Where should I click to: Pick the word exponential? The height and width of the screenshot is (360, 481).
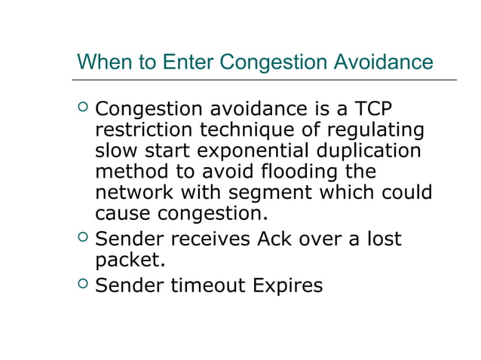(x=278, y=151)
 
